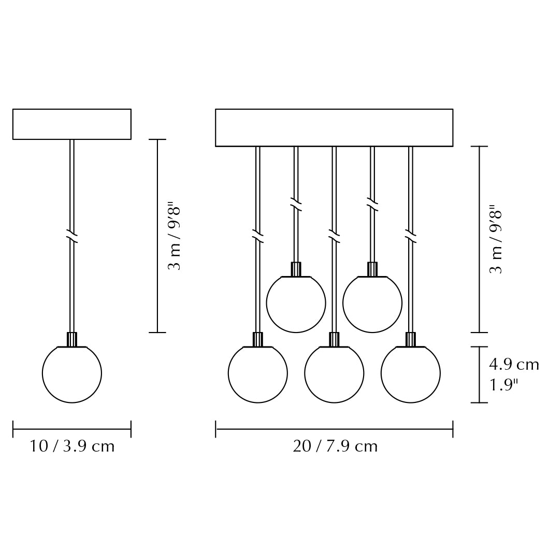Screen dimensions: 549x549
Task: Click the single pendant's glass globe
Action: (72, 373)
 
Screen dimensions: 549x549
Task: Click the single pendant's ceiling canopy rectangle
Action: (72, 124)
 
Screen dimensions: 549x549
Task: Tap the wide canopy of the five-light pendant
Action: (334, 127)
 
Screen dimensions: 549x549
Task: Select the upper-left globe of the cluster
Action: (296, 303)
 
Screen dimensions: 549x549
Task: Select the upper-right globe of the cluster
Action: (372, 303)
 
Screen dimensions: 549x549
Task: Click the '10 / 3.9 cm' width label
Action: (72, 446)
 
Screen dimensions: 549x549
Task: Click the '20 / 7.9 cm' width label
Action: (335, 446)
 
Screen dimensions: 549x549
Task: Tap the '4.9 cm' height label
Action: (514, 365)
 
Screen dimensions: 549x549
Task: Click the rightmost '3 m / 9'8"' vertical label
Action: (496, 239)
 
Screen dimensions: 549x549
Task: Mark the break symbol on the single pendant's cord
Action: (72, 236)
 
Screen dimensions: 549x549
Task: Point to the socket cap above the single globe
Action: (72, 339)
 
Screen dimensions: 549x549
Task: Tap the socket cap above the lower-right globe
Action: (411, 339)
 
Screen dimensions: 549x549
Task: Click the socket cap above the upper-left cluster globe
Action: (296, 269)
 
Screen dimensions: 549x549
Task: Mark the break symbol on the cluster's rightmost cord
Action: (411, 236)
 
